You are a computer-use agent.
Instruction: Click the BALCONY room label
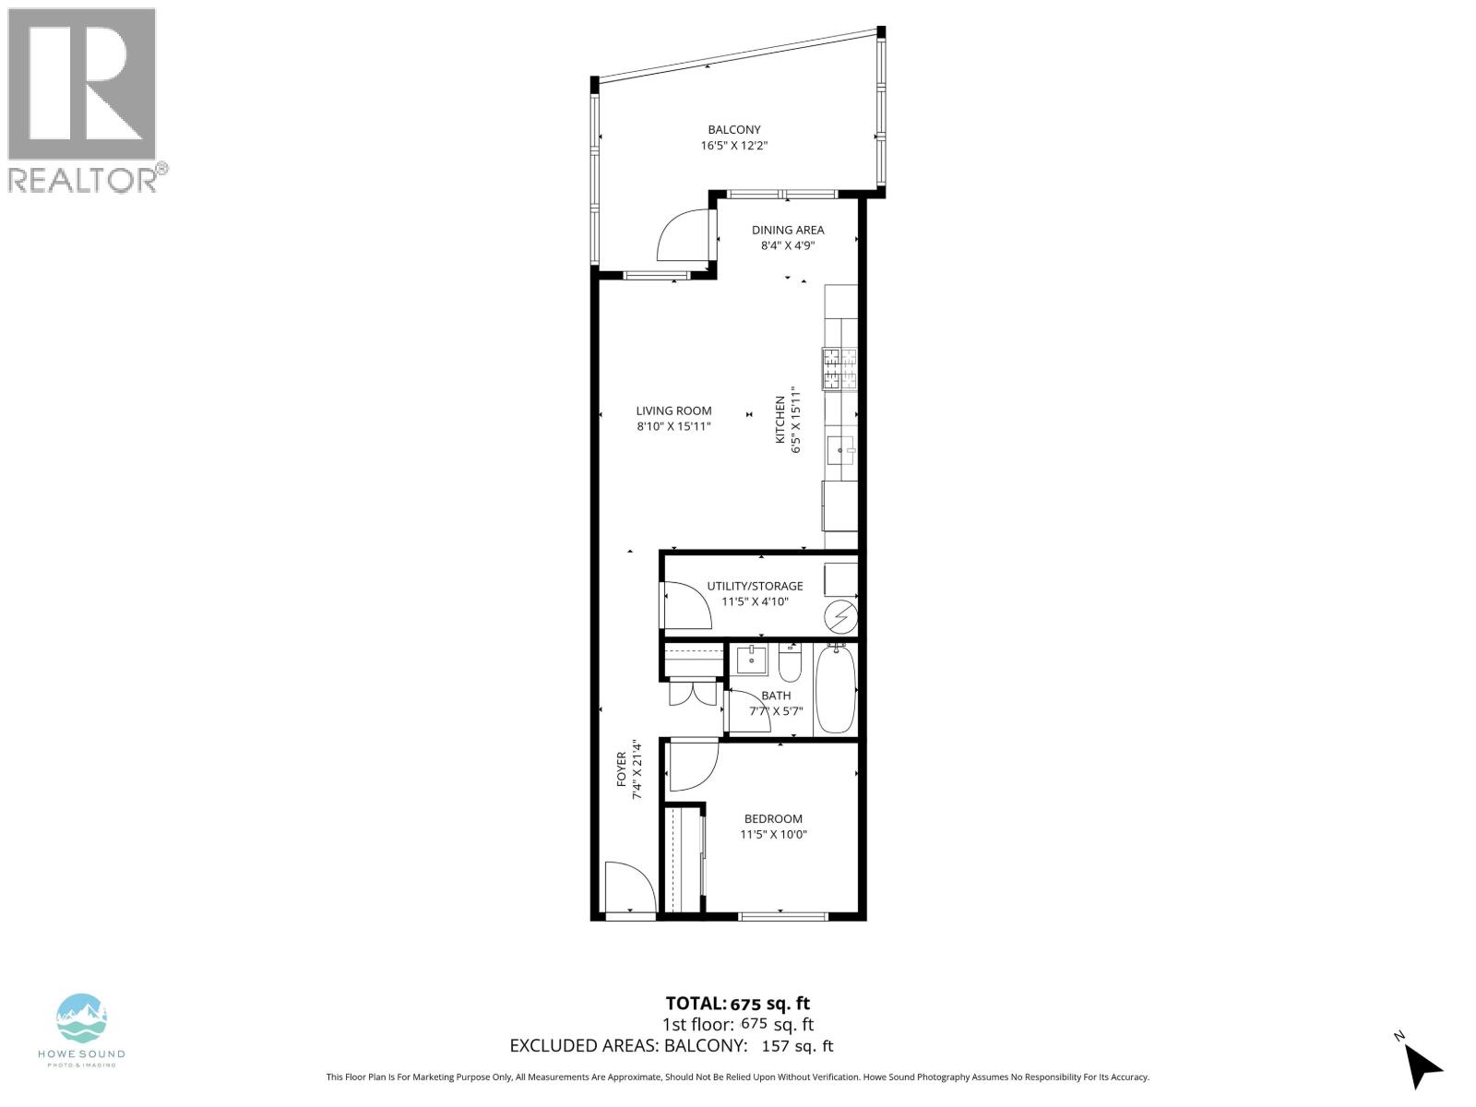click(734, 130)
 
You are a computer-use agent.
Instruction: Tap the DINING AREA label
click(787, 230)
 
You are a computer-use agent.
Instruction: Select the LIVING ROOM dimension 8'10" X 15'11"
click(673, 427)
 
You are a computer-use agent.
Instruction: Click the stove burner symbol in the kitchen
click(839, 369)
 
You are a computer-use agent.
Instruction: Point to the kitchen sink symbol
click(839, 451)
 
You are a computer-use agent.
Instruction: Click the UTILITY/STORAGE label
click(755, 586)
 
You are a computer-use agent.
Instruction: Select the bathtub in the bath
click(836, 689)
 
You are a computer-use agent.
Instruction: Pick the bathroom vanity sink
click(751, 660)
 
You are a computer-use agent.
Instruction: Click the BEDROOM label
click(773, 818)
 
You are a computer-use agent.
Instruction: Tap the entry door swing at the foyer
click(629, 887)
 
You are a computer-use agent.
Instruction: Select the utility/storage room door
click(685, 605)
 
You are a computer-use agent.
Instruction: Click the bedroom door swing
click(692, 766)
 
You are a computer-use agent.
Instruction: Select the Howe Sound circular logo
click(82, 1018)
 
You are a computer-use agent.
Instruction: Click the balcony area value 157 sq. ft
click(796, 1046)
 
